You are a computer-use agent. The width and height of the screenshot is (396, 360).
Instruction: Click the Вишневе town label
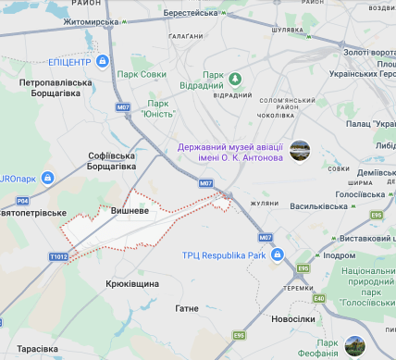130,210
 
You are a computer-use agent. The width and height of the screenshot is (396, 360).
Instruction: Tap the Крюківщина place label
132,284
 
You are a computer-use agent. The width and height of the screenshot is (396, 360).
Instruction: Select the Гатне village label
186,307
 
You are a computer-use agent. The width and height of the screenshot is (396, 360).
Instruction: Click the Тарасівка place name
38,349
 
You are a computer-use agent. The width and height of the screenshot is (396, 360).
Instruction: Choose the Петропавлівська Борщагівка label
56,88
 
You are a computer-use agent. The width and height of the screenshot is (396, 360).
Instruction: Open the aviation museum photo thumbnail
300,150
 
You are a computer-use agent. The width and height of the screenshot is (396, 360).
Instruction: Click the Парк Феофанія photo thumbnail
354,346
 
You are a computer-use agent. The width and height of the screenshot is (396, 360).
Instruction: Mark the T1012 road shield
57,256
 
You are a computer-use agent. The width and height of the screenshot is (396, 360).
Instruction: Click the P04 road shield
22,200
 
